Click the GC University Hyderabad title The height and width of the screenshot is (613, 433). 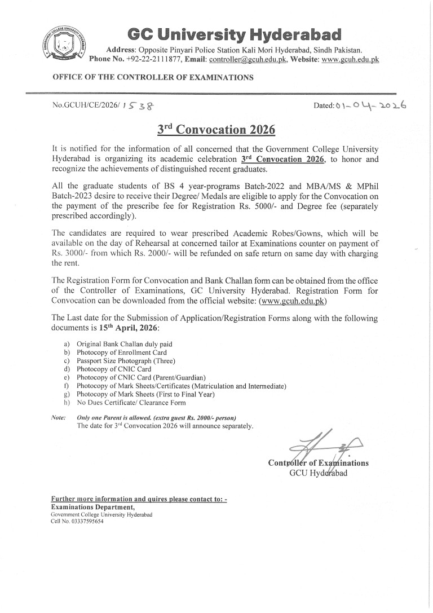234,34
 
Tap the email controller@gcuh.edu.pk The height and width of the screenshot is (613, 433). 249,59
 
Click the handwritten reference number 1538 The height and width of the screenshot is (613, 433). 140,105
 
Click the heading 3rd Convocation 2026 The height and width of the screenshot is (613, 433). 216,130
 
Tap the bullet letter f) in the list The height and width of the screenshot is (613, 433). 67,386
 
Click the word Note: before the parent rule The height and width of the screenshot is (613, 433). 58,417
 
